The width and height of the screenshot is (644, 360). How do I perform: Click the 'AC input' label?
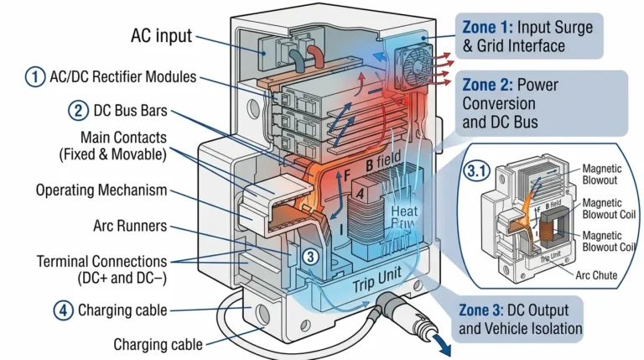[x=161, y=36]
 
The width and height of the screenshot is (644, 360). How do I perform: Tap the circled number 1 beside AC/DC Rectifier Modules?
[x=34, y=77]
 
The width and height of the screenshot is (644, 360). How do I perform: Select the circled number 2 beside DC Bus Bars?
[x=76, y=110]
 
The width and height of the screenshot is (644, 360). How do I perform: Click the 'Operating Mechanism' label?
[x=101, y=190]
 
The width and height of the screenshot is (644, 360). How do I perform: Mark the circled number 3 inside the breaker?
[x=309, y=258]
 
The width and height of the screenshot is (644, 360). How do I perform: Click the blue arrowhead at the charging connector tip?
[x=438, y=340]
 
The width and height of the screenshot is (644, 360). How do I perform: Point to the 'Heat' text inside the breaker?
[x=407, y=211]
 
